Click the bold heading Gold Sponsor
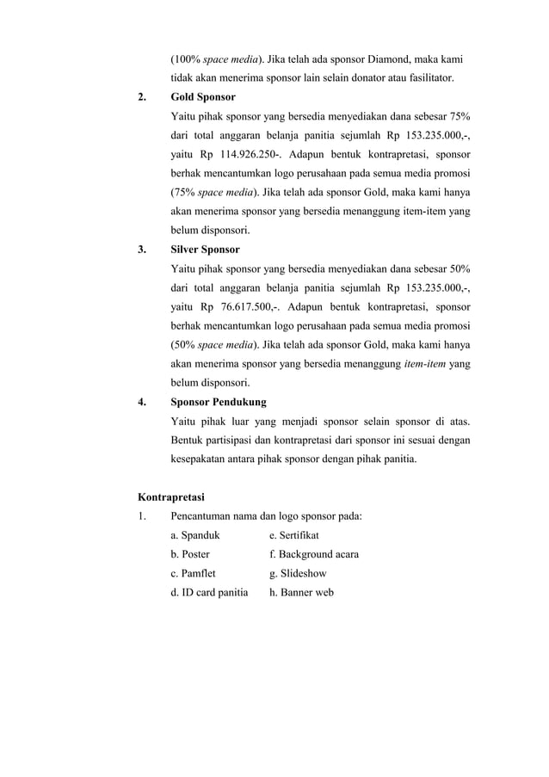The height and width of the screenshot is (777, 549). coord(203,97)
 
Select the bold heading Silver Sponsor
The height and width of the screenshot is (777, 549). coord(206,250)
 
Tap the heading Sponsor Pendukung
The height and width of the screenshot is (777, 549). coord(219,402)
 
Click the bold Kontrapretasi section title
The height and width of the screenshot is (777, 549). coord(170,496)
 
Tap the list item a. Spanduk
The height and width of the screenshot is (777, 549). coord(194,535)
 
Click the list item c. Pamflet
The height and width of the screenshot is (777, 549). coord(193,573)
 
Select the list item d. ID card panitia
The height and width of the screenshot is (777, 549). coord(209,592)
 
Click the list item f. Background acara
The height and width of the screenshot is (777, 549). coord(314,554)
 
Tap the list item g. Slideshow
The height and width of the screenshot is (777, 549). coord(298,573)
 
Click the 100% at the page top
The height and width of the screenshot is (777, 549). coord(184,59)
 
